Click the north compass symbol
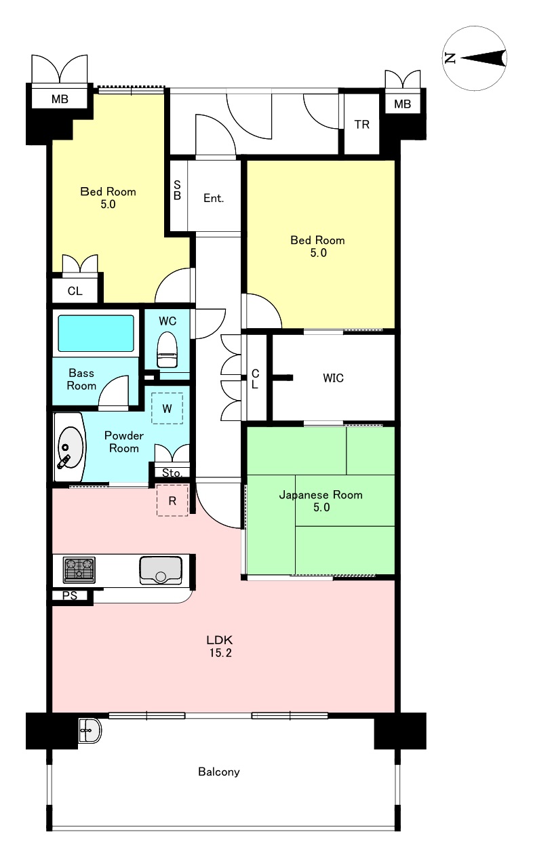pyautogui.click(x=475, y=58)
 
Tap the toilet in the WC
pyautogui.click(x=167, y=349)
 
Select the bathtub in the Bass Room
pyautogui.click(x=96, y=333)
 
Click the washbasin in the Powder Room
pyautogui.click(x=71, y=447)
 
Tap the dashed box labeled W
pyautogui.click(x=167, y=408)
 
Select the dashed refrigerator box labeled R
pyautogui.click(x=172, y=500)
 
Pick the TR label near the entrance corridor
pyautogui.click(x=361, y=124)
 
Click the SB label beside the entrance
pyautogui.click(x=177, y=190)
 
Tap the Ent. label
pyautogui.click(x=214, y=198)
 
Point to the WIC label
pyautogui.click(x=333, y=378)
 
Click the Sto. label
pyautogui.click(x=172, y=473)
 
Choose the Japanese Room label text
pyautogui.click(x=321, y=495)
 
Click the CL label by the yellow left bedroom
pyautogui.click(x=75, y=291)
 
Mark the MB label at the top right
pyautogui.click(x=403, y=104)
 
